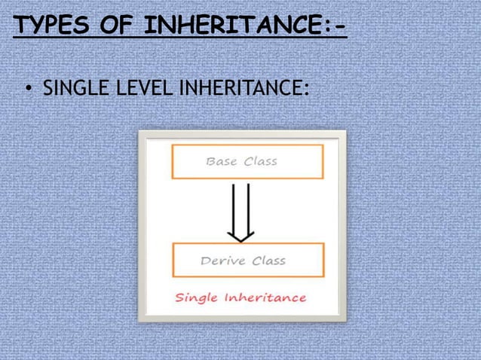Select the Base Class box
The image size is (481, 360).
click(247, 161)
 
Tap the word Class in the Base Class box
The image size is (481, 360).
click(260, 161)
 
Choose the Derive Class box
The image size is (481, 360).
click(247, 260)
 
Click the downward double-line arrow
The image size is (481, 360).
click(240, 207)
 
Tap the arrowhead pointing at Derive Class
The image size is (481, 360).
click(240, 236)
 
